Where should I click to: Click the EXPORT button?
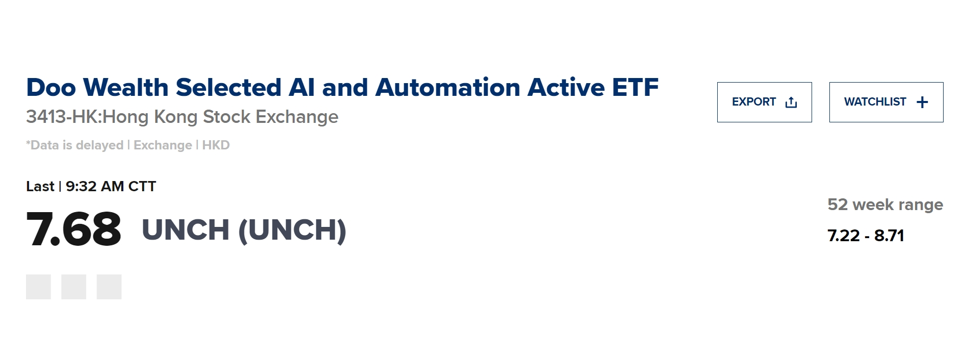pos(764,102)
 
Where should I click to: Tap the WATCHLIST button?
pos(886,102)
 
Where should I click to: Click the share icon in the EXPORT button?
pos(791,102)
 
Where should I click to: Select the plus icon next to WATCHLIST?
pos(922,102)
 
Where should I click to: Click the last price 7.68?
pos(74,229)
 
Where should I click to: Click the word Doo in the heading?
pos(51,87)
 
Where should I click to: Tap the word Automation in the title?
pos(448,87)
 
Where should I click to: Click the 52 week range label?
pos(885,205)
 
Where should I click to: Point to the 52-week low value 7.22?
pos(844,236)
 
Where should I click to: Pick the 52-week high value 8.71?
pos(889,236)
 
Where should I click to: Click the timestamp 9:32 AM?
pos(95,187)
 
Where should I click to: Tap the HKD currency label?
pos(216,145)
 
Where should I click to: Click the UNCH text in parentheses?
pos(292,230)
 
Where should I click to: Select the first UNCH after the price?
pos(186,230)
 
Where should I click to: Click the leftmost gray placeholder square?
pos(38,287)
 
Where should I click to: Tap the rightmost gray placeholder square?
pos(109,287)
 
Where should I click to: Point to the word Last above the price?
pos(40,187)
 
